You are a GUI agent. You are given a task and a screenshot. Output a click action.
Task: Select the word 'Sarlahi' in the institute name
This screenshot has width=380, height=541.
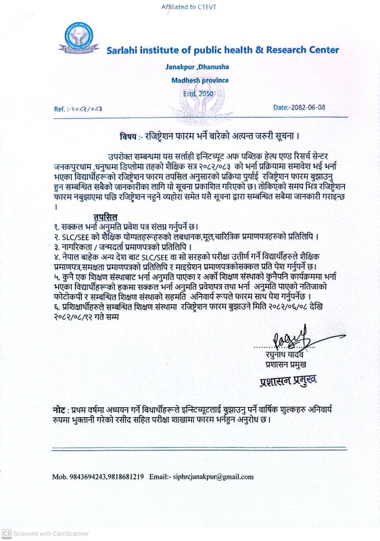(x=125, y=50)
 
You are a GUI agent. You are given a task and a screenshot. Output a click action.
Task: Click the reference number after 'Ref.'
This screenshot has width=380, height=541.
(x=89, y=108)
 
